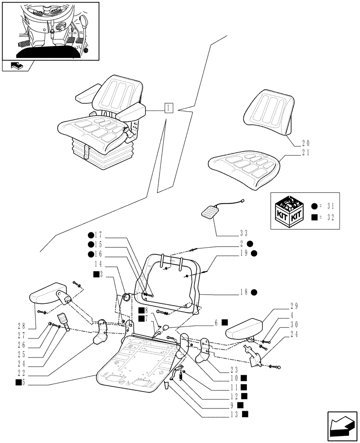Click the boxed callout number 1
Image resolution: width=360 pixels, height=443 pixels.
pos(168,108)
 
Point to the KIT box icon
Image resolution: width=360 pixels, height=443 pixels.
pos(289,211)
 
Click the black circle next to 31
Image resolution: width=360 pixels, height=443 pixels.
pos(314,206)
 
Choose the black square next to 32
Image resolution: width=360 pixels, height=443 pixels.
pos(314,217)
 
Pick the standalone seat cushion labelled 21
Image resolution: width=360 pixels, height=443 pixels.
pos(244,169)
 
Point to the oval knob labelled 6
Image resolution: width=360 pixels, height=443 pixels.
pos(165,328)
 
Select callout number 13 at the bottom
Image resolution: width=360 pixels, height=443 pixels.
pos(235,414)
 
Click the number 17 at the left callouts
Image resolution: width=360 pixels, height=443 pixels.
pos(98,235)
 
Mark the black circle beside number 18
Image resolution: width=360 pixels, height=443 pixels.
pos(254,292)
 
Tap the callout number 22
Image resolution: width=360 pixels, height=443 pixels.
pos(21,373)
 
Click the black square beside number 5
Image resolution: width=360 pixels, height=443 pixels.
pos(19,382)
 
